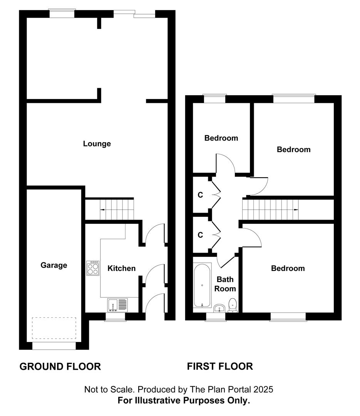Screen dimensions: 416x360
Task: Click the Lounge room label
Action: [x=97, y=144]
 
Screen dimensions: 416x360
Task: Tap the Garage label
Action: [x=54, y=265]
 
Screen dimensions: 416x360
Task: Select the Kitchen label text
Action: [x=121, y=268]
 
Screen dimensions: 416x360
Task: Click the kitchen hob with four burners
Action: [x=93, y=268]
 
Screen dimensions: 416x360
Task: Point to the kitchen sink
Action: [x=118, y=305]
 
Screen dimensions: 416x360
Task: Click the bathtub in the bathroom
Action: [x=203, y=285]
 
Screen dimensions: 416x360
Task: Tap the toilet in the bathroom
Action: [x=233, y=305]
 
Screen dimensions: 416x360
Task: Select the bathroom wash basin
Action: [x=219, y=308]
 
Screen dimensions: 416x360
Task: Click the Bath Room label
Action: [x=225, y=284]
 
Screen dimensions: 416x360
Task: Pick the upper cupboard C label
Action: [x=200, y=195]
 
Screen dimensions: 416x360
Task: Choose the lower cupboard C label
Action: [x=200, y=235]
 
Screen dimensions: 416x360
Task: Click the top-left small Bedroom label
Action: [x=221, y=138]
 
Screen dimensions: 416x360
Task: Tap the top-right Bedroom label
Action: [x=293, y=149]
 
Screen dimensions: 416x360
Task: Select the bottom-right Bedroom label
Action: [x=288, y=268]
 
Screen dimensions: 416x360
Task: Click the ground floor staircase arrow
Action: [x=102, y=210]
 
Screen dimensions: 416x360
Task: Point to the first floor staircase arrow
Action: [x=296, y=210]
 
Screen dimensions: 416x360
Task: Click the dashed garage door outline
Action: [x=54, y=328]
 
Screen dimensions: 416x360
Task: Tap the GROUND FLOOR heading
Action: [x=60, y=366]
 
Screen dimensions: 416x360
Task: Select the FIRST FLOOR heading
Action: [x=220, y=366]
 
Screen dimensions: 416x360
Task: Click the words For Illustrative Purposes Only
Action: [x=184, y=401]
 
